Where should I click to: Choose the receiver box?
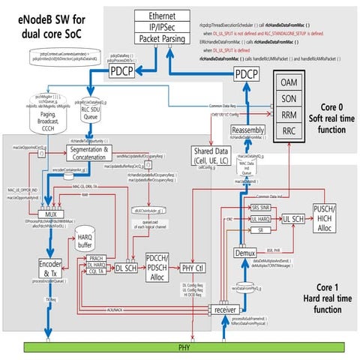(226, 307)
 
